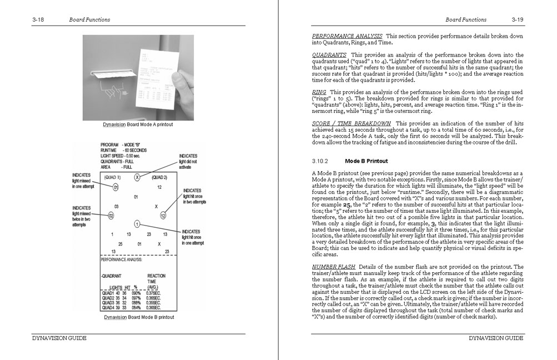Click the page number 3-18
tap(38, 19)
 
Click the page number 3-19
tap(518, 19)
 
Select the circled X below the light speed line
tap(137, 177)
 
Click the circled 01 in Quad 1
tap(116, 187)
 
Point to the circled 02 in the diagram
tap(111, 215)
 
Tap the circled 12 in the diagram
tap(163, 215)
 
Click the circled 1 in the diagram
tap(137, 224)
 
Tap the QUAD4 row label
tap(108, 307)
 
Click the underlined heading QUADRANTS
tap(329, 55)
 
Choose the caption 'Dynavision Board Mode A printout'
tap(138, 124)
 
